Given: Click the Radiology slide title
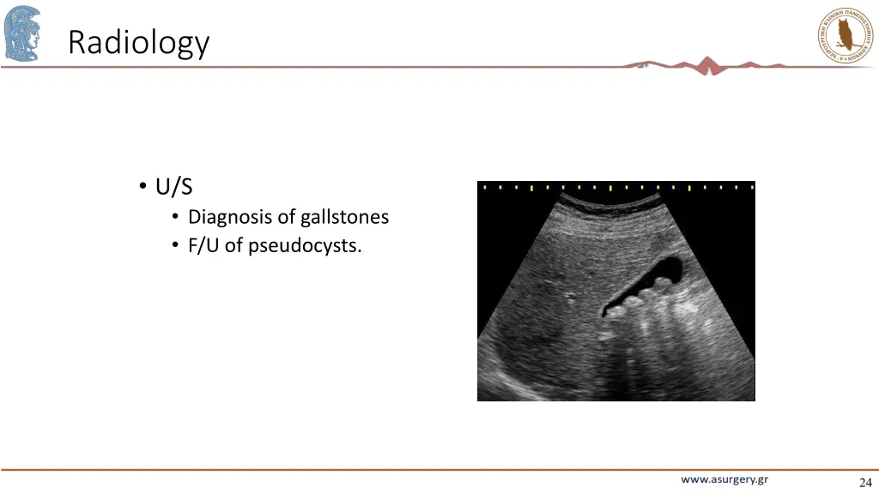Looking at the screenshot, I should point(138,42).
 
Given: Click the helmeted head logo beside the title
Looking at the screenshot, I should point(22,34).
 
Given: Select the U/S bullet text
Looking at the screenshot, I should point(173,187).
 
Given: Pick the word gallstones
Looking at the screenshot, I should point(344,218).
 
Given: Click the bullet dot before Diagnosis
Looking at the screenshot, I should point(175,218).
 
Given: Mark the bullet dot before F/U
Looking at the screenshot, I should point(175,246).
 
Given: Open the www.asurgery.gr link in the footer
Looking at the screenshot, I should point(724,480).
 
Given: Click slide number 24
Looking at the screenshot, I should point(864,482).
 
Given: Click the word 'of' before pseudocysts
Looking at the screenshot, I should point(233,246).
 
